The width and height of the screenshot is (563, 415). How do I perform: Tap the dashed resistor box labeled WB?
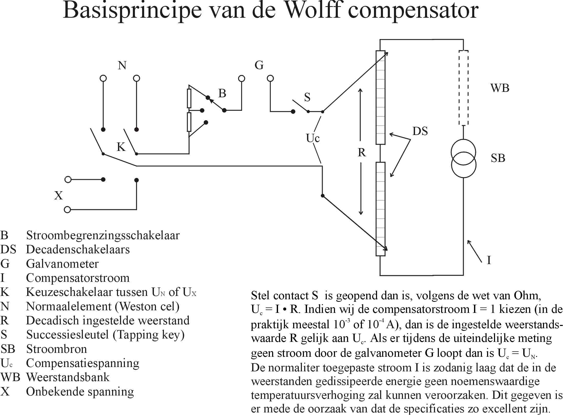463,88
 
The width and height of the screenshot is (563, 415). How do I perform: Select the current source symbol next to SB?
463,158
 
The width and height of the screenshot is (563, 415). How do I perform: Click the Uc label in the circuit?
313,138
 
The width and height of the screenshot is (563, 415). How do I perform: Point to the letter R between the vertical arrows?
362,152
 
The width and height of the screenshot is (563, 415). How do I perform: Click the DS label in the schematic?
420,131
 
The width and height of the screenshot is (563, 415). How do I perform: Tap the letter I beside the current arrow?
489,260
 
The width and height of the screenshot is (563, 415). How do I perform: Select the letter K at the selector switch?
121,147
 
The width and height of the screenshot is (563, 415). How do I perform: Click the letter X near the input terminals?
58,196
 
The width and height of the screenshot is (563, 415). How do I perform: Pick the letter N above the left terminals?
122,65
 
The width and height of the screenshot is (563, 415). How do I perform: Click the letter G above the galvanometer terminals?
259,65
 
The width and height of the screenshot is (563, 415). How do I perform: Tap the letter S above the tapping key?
307,97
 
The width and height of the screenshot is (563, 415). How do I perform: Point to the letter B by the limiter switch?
222,93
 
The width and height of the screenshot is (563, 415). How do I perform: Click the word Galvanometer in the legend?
62,264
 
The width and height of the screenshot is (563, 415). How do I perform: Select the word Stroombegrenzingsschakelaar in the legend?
103,235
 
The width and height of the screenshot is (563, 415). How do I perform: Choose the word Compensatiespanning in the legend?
83,363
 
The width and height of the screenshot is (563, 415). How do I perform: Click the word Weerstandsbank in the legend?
68,377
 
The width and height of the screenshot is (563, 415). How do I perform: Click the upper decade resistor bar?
380,97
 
